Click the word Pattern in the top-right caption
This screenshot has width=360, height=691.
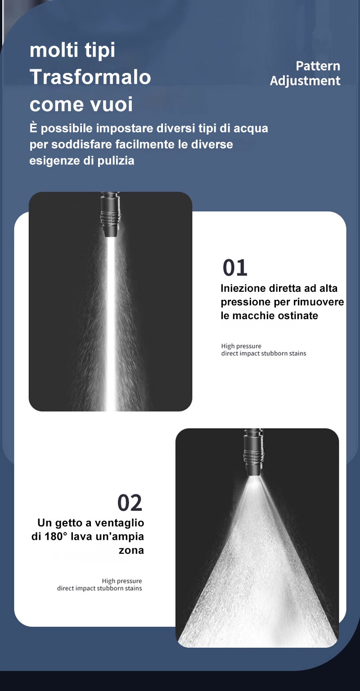coord(318,66)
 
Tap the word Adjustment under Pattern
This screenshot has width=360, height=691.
coord(305,81)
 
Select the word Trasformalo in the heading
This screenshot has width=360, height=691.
coord(90,77)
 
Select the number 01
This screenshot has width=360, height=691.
coord(235,267)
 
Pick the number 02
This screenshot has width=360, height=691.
coord(130,502)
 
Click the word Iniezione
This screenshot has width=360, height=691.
coord(243,288)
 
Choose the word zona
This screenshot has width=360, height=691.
coord(131,551)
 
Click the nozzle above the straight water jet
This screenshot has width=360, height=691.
coord(110,214)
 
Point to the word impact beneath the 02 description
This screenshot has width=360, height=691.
coord(86,588)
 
